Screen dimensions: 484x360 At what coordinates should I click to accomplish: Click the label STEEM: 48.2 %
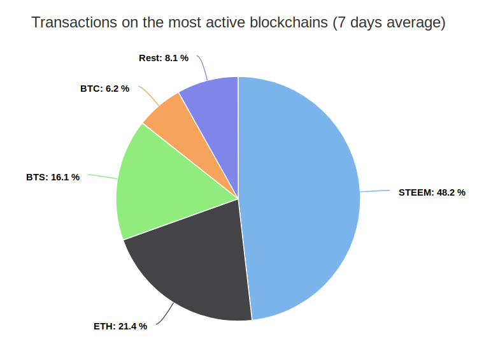(x=432, y=192)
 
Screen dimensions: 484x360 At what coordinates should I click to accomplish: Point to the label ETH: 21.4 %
(x=120, y=326)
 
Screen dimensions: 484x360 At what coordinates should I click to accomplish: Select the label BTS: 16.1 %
(x=53, y=177)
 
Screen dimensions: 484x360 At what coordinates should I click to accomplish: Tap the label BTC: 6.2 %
(x=104, y=89)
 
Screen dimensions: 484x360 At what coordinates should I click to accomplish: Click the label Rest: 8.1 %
(x=164, y=58)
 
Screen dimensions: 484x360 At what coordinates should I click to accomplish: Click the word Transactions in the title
(x=75, y=22)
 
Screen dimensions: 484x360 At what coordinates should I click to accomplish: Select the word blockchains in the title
(x=288, y=22)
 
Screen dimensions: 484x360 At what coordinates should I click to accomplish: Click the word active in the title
(x=225, y=22)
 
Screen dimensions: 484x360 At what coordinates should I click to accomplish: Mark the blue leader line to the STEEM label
(x=375, y=191)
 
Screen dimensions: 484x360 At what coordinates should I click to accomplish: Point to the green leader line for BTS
(x=103, y=176)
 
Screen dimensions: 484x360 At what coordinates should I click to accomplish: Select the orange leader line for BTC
(x=150, y=95)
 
